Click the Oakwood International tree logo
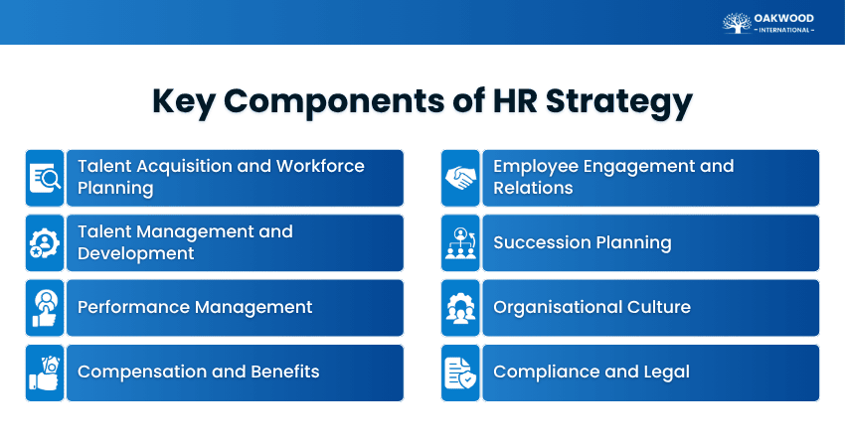click(x=738, y=22)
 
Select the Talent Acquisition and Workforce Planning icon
click(x=45, y=178)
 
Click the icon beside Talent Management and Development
click(x=45, y=242)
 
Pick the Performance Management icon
click(x=45, y=307)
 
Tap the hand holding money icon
click(x=45, y=372)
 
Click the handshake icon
click(x=460, y=178)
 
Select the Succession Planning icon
click(x=460, y=242)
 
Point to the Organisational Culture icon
click(x=460, y=307)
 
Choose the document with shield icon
click(x=460, y=372)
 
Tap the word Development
click(x=135, y=253)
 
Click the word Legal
click(x=664, y=372)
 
